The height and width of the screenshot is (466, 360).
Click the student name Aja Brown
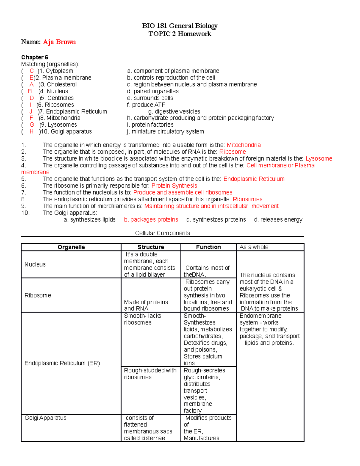click(59, 42)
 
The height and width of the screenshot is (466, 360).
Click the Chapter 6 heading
click(34, 57)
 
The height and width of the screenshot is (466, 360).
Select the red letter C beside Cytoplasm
click(31, 71)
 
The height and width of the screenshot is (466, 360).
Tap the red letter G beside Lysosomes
click(32, 125)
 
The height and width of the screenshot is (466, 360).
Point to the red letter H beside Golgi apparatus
click(31, 132)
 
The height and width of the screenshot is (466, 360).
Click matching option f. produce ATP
click(146, 105)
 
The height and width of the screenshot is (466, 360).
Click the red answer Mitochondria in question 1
click(244, 145)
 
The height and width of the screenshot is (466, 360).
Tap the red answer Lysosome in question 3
click(319, 159)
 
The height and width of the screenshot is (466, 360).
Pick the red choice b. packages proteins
click(151, 220)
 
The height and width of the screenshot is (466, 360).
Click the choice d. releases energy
click(278, 220)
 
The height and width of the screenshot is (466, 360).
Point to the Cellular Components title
click(162, 233)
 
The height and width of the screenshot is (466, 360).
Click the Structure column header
click(151, 247)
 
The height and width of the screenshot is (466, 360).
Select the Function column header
click(208, 247)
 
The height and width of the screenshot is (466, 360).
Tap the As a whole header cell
click(254, 247)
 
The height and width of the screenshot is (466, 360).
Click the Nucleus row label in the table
click(35, 264)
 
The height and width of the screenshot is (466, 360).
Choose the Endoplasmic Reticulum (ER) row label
click(62, 363)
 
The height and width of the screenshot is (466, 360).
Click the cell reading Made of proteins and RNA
click(146, 305)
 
